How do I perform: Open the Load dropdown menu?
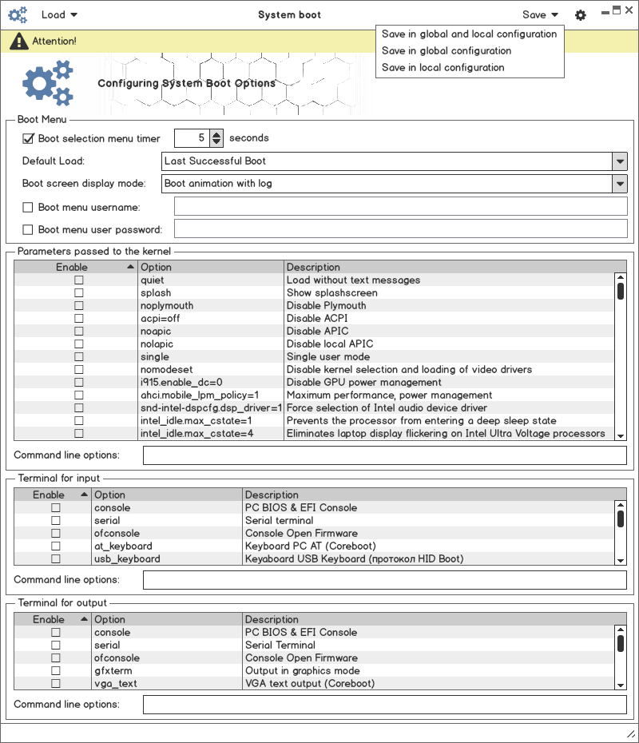pos(59,14)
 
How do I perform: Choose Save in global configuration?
pos(447,51)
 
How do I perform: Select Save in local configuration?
pos(443,68)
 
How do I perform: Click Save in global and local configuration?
pos(469,34)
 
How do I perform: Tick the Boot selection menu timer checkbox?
pos(29,138)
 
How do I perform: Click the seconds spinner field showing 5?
pos(192,138)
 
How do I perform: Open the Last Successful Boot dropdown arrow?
pos(620,161)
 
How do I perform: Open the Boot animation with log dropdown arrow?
pos(620,184)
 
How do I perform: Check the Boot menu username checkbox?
pos(29,208)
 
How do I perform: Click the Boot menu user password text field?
pos(400,229)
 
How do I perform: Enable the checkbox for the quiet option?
pos(79,280)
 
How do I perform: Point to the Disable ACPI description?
pos(317,319)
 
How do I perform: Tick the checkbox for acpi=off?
pos(79,319)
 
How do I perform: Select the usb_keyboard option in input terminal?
pos(127,559)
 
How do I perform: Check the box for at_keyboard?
pos(56,546)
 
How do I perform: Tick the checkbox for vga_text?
pos(56,684)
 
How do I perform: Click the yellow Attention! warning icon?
pos(19,41)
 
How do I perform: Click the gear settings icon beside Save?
pos(581,15)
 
